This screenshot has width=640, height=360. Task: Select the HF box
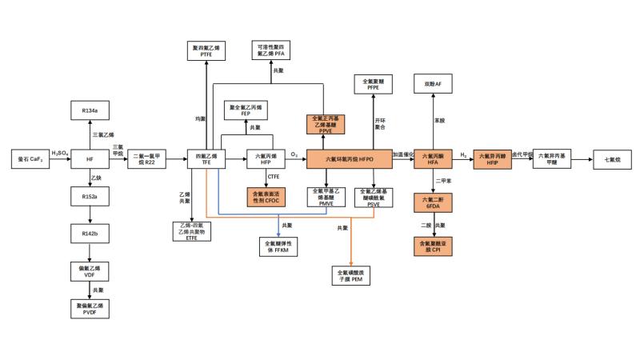click(x=90, y=159)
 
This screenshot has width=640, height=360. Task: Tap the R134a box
click(x=90, y=110)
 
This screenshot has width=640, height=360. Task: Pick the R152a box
click(x=90, y=197)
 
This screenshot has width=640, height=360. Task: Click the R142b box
click(x=90, y=233)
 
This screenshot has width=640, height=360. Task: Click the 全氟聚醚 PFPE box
click(x=376, y=86)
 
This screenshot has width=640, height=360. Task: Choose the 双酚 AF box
click(x=433, y=86)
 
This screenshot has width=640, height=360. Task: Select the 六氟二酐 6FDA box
click(x=433, y=202)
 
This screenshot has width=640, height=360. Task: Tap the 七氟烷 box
click(x=610, y=159)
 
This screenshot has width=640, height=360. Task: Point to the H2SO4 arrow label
click(x=59, y=154)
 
